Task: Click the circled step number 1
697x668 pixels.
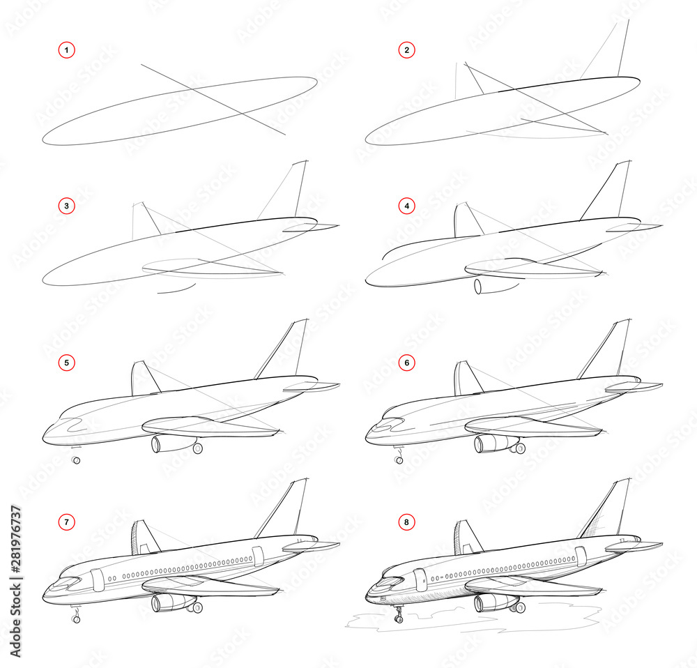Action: coord(66,50)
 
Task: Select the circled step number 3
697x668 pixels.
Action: coord(66,206)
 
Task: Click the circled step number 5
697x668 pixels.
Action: coord(66,363)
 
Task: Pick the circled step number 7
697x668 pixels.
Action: coord(66,521)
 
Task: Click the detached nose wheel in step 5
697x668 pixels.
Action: coord(76,460)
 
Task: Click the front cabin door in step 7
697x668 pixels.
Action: coord(96,578)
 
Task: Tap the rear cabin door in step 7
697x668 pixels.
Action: coord(258,556)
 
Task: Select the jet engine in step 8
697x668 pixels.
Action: coord(491,603)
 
